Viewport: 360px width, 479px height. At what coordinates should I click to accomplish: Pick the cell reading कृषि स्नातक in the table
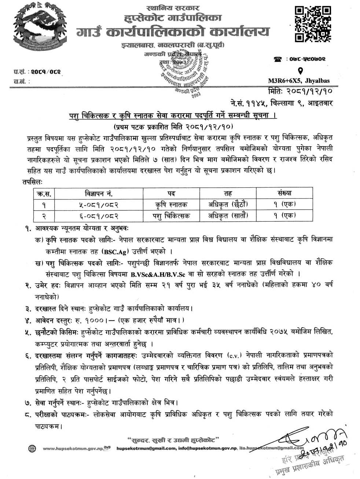172,204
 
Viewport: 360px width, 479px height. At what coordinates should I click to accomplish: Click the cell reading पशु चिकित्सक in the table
172,215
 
